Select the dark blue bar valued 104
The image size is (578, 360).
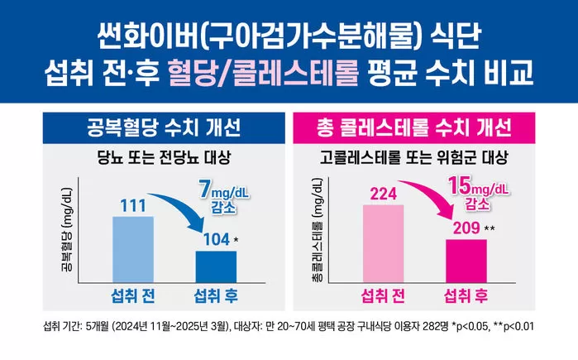pyautogui.click(x=215, y=266)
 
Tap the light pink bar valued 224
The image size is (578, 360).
pyautogui.click(x=383, y=243)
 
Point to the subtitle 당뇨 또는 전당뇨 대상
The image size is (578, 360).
pyautogui.click(x=162, y=156)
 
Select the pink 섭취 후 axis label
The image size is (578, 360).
pyautogui.click(x=465, y=296)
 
